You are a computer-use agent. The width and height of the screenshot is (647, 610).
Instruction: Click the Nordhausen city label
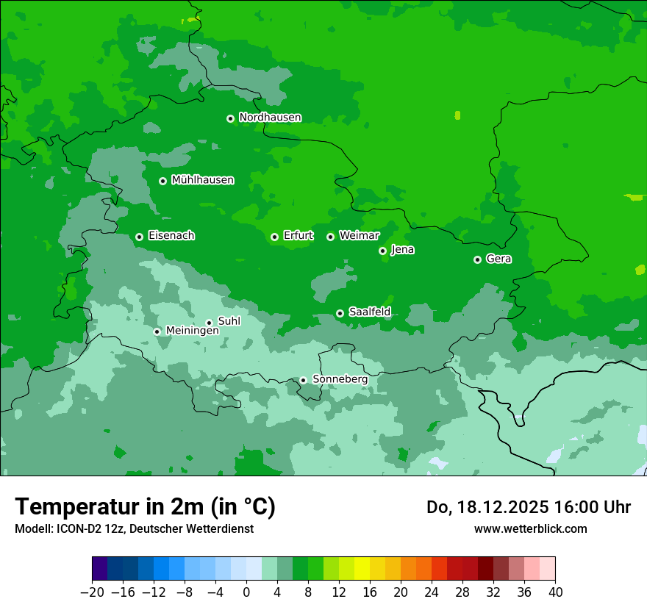270,118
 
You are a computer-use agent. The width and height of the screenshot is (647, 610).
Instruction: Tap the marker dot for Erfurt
274,237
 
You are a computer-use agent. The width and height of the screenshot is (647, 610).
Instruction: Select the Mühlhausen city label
202,180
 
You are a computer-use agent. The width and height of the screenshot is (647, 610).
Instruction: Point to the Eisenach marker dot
139,237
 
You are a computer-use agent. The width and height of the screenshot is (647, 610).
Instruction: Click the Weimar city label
359,236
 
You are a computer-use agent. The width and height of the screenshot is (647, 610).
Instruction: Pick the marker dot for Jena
382,251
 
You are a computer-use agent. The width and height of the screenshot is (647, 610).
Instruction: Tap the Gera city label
498,259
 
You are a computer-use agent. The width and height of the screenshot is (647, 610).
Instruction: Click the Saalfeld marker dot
340,313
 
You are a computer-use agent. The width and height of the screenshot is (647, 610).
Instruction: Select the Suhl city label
229,321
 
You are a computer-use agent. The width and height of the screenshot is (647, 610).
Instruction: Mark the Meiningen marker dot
157,331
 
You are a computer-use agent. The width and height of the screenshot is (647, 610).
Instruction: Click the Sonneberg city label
340,379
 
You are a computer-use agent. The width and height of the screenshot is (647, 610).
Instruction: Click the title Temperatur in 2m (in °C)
145,506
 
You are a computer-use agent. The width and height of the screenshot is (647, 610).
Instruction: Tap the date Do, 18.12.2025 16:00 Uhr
528,507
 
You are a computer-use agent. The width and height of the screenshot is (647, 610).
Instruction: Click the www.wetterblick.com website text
530,528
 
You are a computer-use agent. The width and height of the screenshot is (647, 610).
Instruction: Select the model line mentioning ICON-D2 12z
134,528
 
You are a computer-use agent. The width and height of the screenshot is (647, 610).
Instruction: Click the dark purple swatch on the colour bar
100,569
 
